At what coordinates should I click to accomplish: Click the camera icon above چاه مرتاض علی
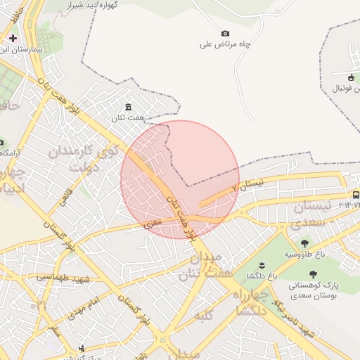(x=225, y=33)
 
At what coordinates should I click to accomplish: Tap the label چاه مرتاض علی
(x=225, y=44)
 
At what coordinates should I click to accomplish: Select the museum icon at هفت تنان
(x=127, y=107)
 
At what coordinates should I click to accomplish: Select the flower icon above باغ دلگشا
(x=262, y=264)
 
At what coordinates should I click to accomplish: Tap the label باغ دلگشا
(x=262, y=276)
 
